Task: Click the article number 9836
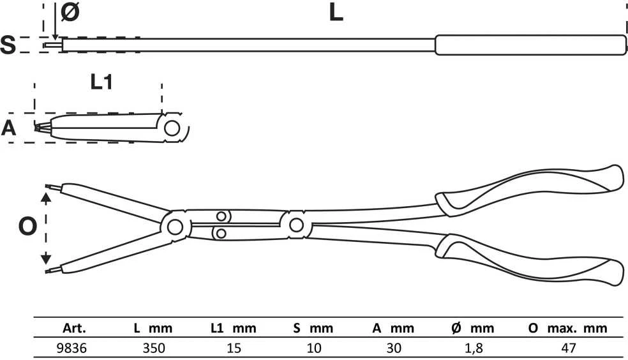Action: pos(71,348)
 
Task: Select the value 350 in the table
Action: pos(154,348)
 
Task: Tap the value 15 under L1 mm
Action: pos(234,348)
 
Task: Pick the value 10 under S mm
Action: pos(314,348)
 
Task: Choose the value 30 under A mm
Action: pos(394,348)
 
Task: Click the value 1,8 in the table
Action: pos(474,348)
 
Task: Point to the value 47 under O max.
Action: pos(568,348)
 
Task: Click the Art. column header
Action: pos(74,328)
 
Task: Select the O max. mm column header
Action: pos(567,328)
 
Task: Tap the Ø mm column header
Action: pos(473,328)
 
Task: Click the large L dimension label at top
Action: pos(336,12)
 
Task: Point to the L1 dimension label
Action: pos(101,82)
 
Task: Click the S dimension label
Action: pos(8,45)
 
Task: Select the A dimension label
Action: pos(8,128)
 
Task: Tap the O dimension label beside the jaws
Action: pos(27,227)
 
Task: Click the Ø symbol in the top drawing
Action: pos(70,12)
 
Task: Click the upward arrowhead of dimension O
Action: pos(46,197)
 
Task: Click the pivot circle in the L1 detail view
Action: pos(172,128)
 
